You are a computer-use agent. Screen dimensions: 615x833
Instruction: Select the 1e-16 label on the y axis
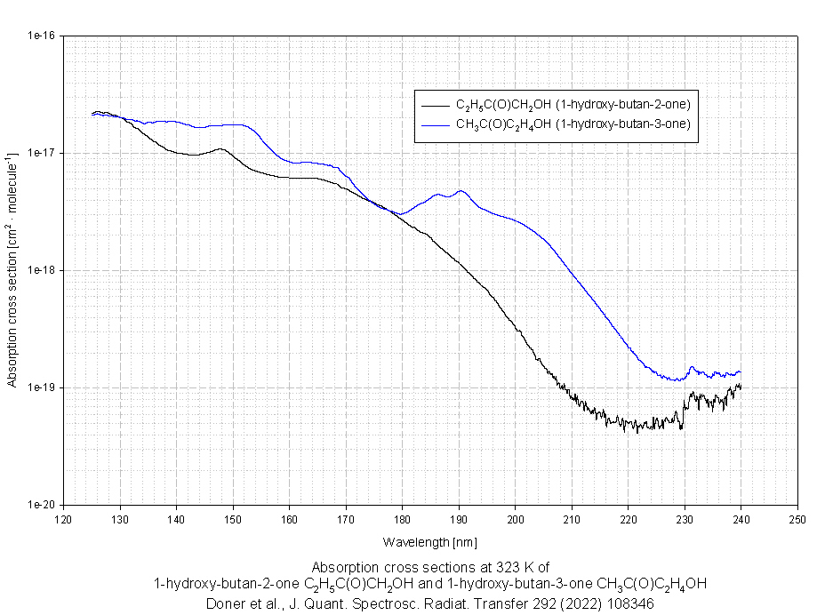41,36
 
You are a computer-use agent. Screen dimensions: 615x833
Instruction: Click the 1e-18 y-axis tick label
41,271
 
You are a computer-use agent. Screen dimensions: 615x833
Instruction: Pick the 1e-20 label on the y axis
41,505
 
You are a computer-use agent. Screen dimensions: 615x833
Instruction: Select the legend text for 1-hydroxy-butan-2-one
573,102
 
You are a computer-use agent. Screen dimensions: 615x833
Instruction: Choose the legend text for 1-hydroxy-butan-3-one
573,124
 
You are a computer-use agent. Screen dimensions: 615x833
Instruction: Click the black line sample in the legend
436,102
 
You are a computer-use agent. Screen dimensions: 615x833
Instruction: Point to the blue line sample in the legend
436,124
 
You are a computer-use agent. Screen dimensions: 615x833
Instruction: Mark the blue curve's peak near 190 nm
460,191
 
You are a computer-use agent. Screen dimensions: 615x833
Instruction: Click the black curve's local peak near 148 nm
220,149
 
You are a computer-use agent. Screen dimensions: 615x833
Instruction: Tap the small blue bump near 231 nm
692,367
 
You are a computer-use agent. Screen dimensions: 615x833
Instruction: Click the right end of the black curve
740,387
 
